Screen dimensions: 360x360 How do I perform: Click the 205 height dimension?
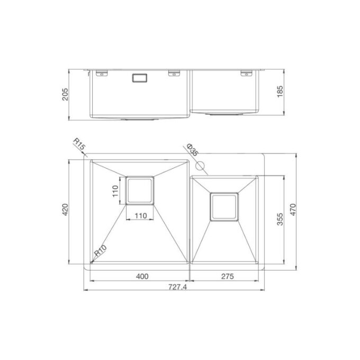point(64,94)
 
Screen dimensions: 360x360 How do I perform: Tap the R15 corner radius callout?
point(79,145)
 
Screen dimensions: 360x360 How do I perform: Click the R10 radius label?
point(100,254)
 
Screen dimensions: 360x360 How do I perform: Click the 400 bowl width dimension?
point(141,276)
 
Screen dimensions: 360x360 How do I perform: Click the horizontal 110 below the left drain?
point(140,215)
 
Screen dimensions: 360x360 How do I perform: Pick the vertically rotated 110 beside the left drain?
point(115,191)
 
